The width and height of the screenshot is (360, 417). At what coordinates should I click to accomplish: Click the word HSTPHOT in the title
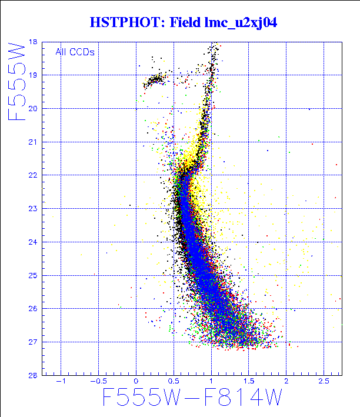pos(126,23)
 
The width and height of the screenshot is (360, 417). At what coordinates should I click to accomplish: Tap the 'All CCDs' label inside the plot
pos(75,52)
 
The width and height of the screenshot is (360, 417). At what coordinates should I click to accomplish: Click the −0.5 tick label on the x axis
pos(98,381)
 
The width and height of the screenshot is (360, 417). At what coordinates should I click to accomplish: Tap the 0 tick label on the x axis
pos(136,381)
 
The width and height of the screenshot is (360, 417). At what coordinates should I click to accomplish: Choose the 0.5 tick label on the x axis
pos(173,381)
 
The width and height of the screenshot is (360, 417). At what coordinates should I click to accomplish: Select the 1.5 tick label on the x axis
pos(248,381)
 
